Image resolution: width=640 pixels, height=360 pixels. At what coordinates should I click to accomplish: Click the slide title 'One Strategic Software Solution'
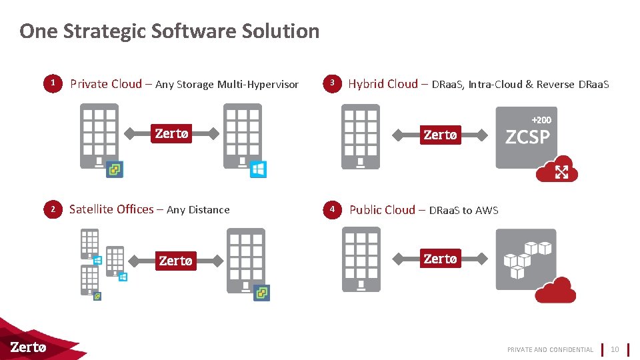coord(169,31)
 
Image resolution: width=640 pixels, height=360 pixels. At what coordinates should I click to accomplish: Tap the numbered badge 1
coord(53,83)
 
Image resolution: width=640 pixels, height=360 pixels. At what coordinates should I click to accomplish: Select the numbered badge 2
coord(53,209)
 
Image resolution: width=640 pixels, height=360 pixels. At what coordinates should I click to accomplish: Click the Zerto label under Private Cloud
coord(171,133)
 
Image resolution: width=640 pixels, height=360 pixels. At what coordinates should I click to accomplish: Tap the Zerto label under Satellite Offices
coord(175,261)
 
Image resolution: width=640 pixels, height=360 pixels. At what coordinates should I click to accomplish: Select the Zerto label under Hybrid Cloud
coord(440,135)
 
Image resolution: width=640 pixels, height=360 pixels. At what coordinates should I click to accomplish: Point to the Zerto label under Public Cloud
coord(440,259)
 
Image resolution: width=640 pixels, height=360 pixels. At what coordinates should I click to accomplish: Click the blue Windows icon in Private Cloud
coord(258,169)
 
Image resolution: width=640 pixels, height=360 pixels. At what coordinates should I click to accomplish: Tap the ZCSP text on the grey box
coord(527,137)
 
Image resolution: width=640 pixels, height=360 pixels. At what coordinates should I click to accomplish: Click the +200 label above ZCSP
coord(541,120)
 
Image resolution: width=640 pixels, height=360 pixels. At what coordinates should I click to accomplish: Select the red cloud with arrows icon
coord(557,169)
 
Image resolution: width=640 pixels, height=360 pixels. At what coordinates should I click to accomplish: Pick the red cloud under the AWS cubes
coord(555,291)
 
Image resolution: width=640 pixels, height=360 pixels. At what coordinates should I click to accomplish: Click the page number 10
coord(615,349)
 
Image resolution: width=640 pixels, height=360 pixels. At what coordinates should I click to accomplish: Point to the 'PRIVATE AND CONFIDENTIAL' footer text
coord(550,349)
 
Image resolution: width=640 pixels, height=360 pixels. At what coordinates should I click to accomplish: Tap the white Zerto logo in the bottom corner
coord(28,347)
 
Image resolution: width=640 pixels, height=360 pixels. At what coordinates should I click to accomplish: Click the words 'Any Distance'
coord(198,210)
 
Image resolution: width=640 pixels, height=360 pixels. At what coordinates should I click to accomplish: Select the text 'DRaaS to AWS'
coord(463,211)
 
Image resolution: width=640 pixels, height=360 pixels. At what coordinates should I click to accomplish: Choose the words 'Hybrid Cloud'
coord(383,84)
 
